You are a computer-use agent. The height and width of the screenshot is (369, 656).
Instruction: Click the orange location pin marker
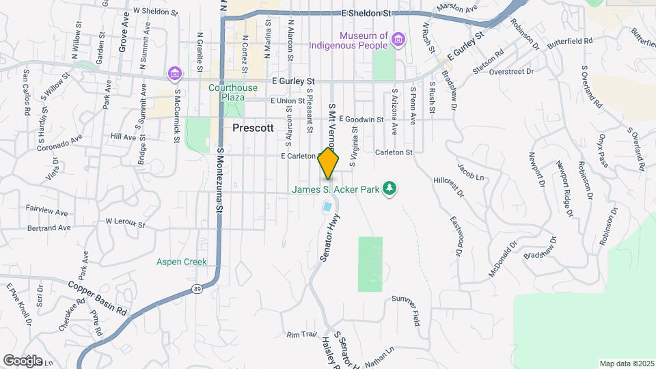click(x=329, y=163)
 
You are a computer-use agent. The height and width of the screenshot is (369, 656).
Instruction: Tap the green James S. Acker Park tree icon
click(x=389, y=188)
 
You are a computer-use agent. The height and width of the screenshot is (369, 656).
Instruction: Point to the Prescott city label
click(x=253, y=128)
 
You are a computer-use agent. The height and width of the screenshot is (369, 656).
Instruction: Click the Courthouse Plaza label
click(x=233, y=92)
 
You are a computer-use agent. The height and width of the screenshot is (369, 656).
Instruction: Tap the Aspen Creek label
click(x=181, y=262)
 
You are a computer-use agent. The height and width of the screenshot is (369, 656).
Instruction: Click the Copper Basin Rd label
click(x=97, y=297)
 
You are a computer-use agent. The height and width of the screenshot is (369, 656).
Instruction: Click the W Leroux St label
click(x=125, y=223)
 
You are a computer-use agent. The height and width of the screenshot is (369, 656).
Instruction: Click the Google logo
click(x=22, y=360)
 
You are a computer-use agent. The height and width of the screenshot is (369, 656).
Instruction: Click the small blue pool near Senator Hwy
click(x=327, y=206)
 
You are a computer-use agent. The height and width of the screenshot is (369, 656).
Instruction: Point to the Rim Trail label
click(x=303, y=335)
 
